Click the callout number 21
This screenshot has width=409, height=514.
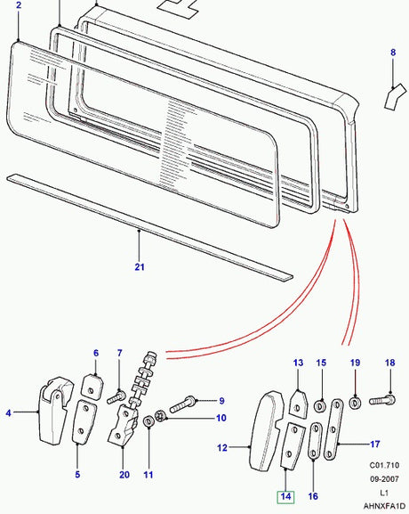click(x=139, y=267)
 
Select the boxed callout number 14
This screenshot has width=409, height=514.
click(x=285, y=496)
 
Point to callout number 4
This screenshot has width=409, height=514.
click(x=9, y=412)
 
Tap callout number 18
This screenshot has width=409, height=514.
click(x=389, y=363)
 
